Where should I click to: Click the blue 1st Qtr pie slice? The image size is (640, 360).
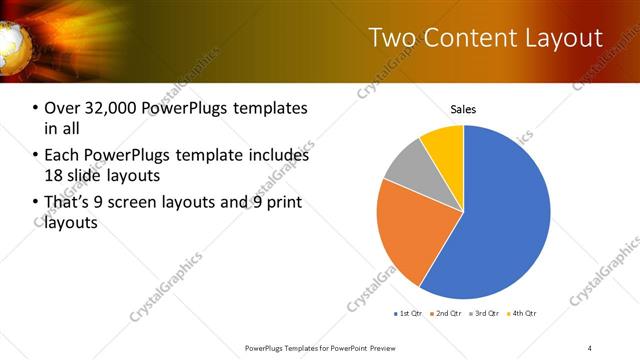(x=500, y=215)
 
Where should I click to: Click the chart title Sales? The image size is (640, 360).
(x=463, y=110)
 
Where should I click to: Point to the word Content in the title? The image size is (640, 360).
(x=468, y=38)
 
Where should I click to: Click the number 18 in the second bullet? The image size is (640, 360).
(x=54, y=175)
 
